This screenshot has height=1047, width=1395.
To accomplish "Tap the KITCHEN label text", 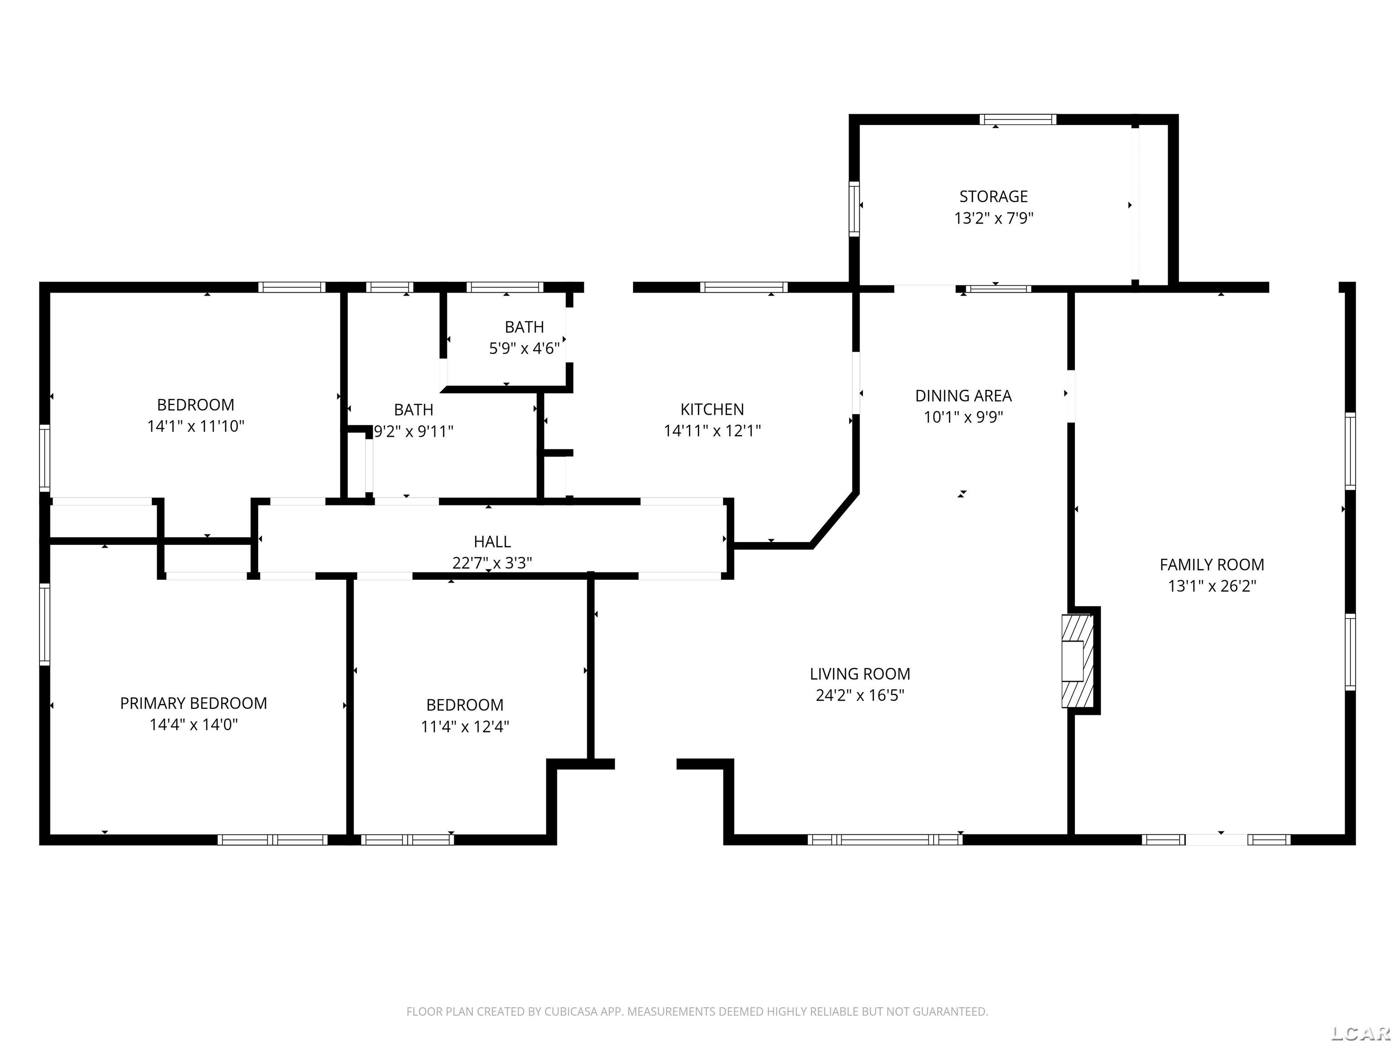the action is (712, 409).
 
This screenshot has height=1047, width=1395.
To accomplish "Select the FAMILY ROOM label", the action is (1212, 564).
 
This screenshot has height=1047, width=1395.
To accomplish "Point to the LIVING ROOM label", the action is (860, 673).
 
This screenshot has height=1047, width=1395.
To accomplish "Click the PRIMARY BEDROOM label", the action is (193, 703).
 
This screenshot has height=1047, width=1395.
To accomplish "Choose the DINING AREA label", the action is (963, 396).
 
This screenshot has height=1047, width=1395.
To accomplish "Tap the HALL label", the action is (492, 542).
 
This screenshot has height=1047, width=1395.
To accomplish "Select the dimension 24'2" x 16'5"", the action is (860, 695).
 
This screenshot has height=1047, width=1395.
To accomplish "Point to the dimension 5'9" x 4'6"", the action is (524, 349).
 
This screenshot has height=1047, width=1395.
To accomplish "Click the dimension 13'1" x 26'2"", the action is (1212, 586).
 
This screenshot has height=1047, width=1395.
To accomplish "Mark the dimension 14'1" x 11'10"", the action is (196, 427).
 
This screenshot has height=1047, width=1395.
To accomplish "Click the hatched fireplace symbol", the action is (1078, 661).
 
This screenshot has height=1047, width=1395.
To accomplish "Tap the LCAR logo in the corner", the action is (1360, 1032).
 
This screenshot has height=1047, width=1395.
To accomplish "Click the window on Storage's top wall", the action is (1017, 119).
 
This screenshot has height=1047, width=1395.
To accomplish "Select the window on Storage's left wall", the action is (854, 209).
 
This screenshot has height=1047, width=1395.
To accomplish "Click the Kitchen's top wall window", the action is (743, 287).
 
